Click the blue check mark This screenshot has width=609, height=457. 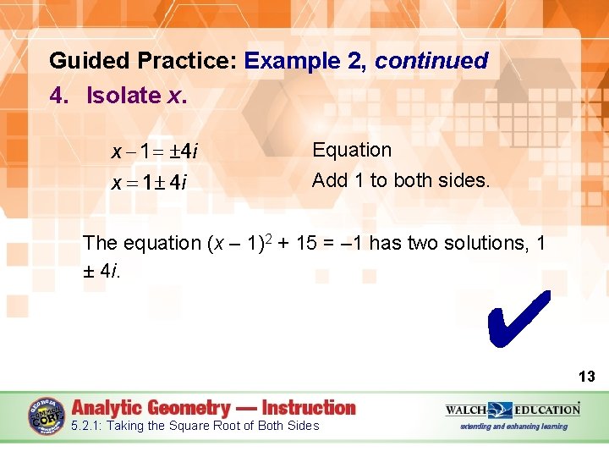(x=518, y=320)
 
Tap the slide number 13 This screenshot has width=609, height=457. (x=586, y=377)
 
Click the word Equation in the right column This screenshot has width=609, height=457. (x=352, y=151)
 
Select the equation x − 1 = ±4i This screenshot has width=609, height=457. (x=155, y=152)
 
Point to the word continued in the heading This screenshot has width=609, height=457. (x=431, y=61)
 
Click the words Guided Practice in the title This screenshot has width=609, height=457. (x=143, y=61)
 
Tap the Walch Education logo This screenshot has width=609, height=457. (x=513, y=410)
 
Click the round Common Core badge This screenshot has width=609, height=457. (x=47, y=416)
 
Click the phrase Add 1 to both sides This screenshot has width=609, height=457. (x=401, y=180)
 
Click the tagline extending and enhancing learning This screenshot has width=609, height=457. (x=513, y=426)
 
